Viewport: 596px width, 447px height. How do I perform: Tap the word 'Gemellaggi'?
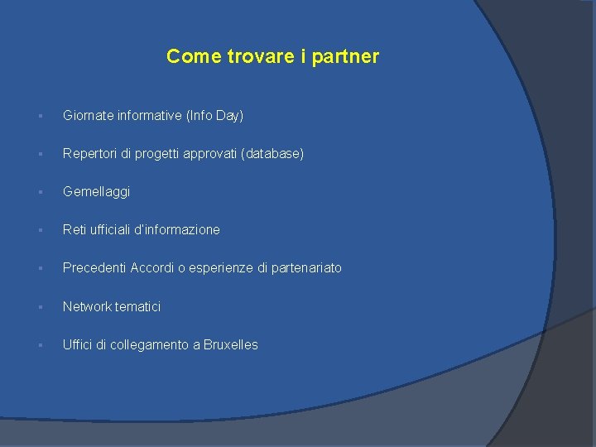[96, 192]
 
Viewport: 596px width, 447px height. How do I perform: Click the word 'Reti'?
[75, 230]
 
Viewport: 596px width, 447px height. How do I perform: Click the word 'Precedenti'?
[94, 268]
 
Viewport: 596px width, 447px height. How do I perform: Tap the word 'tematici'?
[138, 307]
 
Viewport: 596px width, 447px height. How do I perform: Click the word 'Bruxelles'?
[231, 345]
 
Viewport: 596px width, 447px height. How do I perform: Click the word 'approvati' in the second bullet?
[211, 154]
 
